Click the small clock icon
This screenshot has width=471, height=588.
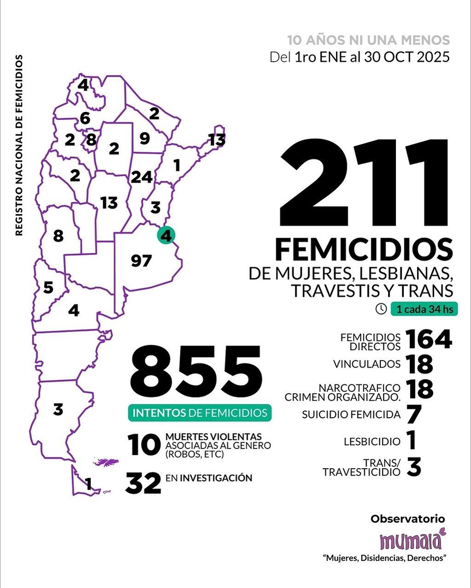pos(381,309)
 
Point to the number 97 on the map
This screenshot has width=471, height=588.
pos(141,261)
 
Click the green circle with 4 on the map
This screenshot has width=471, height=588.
pos(166,236)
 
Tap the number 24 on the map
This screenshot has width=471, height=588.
pos(141,177)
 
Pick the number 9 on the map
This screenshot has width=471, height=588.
pos(144,139)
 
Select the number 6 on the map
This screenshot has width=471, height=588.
pos(85,118)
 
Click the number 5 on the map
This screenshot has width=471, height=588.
pos(48,287)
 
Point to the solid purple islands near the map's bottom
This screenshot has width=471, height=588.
pos(104,462)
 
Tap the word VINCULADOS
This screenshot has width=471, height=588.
pos(366,364)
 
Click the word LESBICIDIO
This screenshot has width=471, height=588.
pos(372,441)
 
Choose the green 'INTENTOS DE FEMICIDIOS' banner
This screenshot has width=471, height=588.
pos(199,413)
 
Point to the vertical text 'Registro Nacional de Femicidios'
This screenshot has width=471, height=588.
pos(19,145)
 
